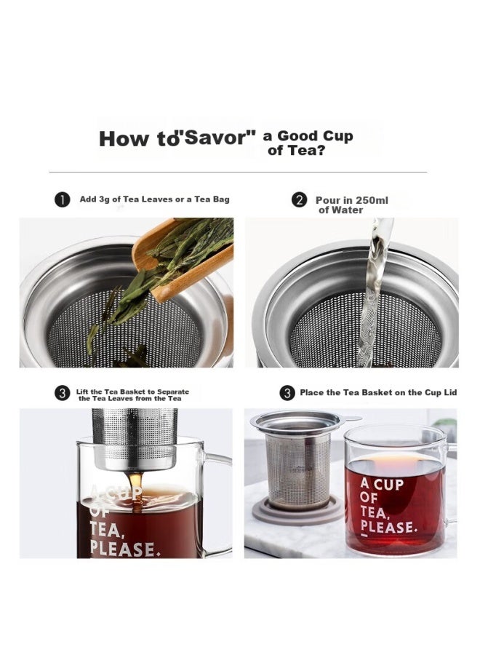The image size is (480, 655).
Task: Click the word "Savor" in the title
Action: tap(217, 137)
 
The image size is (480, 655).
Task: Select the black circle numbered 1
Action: tap(63, 200)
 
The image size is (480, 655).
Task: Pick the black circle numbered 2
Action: tap(299, 200)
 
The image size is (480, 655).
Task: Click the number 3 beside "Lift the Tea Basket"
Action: tap(63, 394)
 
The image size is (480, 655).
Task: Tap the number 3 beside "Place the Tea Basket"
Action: tap(287, 393)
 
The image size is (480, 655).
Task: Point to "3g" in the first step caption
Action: tap(103, 199)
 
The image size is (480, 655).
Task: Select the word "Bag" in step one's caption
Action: tap(221, 199)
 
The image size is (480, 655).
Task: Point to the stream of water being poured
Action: tap(375, 293)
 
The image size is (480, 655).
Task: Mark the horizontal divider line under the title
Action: tap(238, 172)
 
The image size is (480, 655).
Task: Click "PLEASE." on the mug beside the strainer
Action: tap(388, 528)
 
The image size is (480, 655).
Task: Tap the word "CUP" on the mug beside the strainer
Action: tap(388, 484)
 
